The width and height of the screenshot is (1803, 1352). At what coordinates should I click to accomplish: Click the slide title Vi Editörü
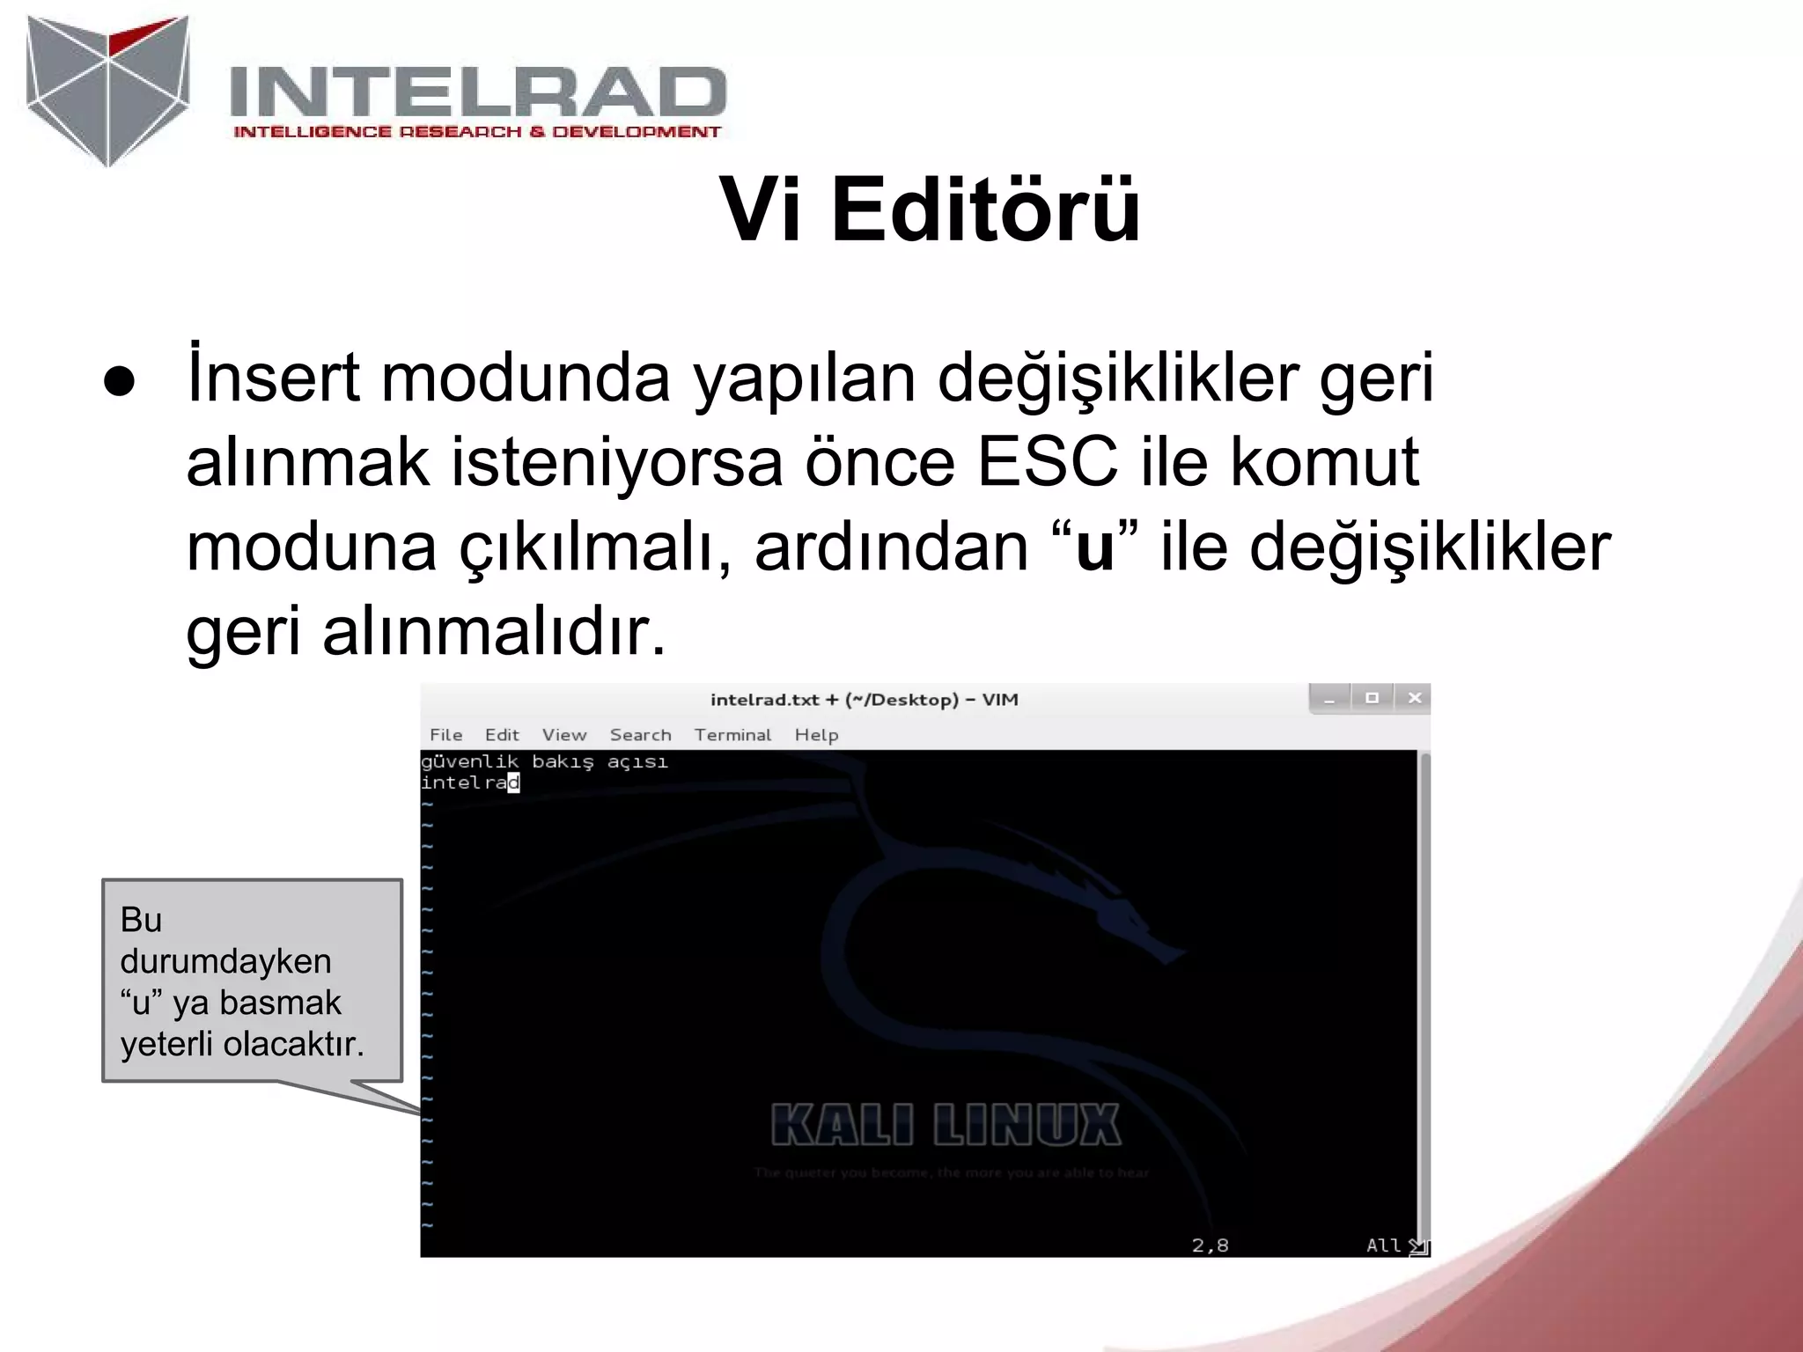click(x=930, y=209)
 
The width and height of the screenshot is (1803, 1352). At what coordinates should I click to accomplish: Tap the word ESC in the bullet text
click(x=1047, y=461)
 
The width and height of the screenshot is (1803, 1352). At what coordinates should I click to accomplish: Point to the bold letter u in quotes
click(x=1094, y=547)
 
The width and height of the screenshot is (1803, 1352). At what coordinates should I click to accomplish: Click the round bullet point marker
click(x=119, y=382)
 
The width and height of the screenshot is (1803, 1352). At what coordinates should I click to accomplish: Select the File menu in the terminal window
click(x=445, y=735)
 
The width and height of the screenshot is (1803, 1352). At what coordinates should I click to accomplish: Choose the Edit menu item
click(x=502, y=735)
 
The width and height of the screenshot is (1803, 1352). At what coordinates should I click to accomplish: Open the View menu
click(x=563, y=735)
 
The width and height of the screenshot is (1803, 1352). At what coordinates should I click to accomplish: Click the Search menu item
click(x=640, y=735)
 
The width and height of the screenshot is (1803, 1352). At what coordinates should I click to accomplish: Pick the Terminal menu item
click(x=732, y=735)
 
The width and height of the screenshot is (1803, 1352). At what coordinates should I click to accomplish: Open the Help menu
click(x=816, y=735)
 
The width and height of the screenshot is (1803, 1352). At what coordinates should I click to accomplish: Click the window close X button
click(x=1414, y=698)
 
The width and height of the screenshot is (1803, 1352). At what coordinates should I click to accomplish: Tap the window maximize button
click(x=1372, y=698)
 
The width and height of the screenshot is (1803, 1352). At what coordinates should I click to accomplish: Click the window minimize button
click(x=1329, y=700)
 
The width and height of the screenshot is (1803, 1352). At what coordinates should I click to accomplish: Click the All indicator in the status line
click(x=1383, y=1245)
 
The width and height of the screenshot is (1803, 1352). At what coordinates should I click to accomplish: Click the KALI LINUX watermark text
click(x=946, y=1126)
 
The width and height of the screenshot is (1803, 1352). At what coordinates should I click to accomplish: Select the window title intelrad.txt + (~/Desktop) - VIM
click(x=864, y=700)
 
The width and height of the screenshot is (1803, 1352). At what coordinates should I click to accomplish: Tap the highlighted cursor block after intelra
click(x=514, y=783)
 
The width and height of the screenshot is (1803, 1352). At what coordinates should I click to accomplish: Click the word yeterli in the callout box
click(x=167, y=1045)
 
